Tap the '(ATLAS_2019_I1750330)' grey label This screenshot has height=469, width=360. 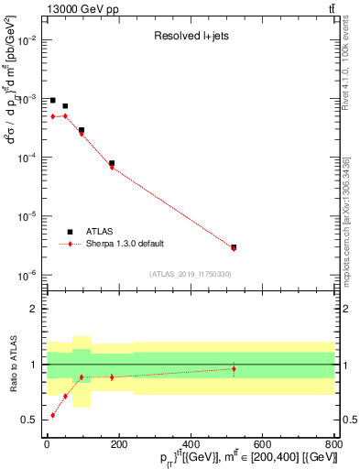190,274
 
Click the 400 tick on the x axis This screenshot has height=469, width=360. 190,444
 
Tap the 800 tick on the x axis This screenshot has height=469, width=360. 333,444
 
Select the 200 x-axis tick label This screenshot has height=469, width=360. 118,444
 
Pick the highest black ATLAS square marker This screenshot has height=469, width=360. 53,100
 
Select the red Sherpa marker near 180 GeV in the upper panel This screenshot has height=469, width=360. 112,167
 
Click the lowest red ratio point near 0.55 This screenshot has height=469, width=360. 53,415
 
